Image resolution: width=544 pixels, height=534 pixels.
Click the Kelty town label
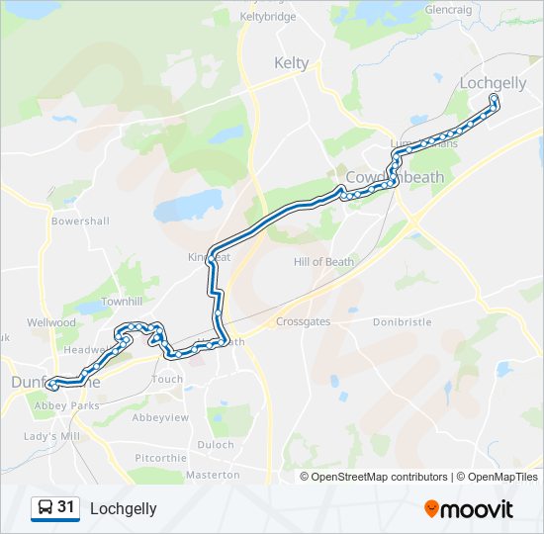(291, 63)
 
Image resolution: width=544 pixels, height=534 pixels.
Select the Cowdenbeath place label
(396, 176)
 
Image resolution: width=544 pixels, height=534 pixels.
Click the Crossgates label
(303, 322)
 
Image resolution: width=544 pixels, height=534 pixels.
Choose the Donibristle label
(403, 322)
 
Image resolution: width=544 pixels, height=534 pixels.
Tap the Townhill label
(122, 301)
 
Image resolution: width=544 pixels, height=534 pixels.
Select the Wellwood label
(51, 322)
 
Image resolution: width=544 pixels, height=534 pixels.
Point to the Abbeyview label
(160, 417)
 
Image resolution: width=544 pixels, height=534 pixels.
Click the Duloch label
(215, 445)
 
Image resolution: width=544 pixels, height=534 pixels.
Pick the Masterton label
(213, 476)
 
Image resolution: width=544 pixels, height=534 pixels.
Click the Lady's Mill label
(51, 436)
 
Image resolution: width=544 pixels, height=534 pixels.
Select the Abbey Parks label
(66, 405)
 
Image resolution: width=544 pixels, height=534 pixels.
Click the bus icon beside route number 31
(45, 508)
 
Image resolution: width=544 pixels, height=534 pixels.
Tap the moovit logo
(469, 509)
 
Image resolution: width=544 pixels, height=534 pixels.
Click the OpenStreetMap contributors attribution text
(379, 477)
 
